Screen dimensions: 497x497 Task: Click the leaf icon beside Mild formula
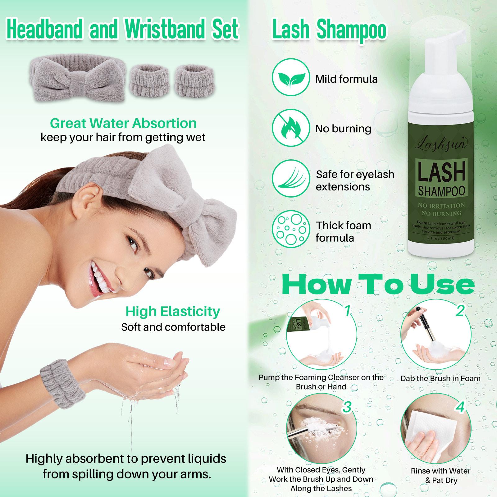pyautogui.click(x=291, y=79)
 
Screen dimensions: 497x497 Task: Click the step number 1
pyautogui.click(x=348, y=310)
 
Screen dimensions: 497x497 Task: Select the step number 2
pyautogui.click(x=460, y=310)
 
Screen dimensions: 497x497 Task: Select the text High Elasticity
pyautogui.click(x=173, y=311)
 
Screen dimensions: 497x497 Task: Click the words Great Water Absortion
pyautogui.click(x=123, y=123)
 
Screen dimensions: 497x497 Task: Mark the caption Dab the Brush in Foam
pyautogui.click(x=440, y=378)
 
